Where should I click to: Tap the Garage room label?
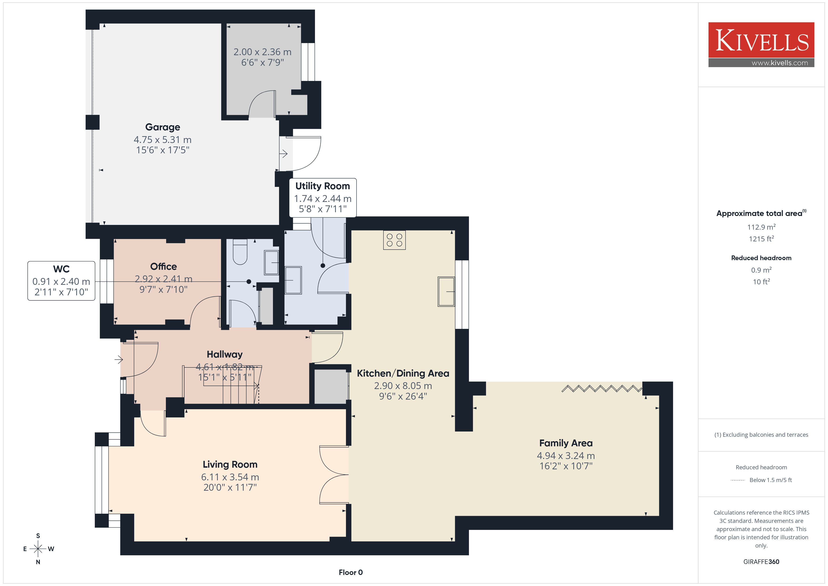[x=163, y=127]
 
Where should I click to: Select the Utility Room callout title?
[x=322, y=186]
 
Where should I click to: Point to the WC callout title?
[x=61, y=269]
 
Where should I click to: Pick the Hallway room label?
[x=225, y=354]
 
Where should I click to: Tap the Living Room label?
[x=230, y=464]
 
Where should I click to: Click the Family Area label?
[x=566, y=443]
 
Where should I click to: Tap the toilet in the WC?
[x=240, y=252]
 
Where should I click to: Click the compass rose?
[x=38, y=549]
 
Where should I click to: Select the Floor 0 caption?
[x=351, y=572]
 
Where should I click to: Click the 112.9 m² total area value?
[x=761, y=227]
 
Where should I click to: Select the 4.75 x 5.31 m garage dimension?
[x=163, y=140]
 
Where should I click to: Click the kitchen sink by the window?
[x=446, y=292]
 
